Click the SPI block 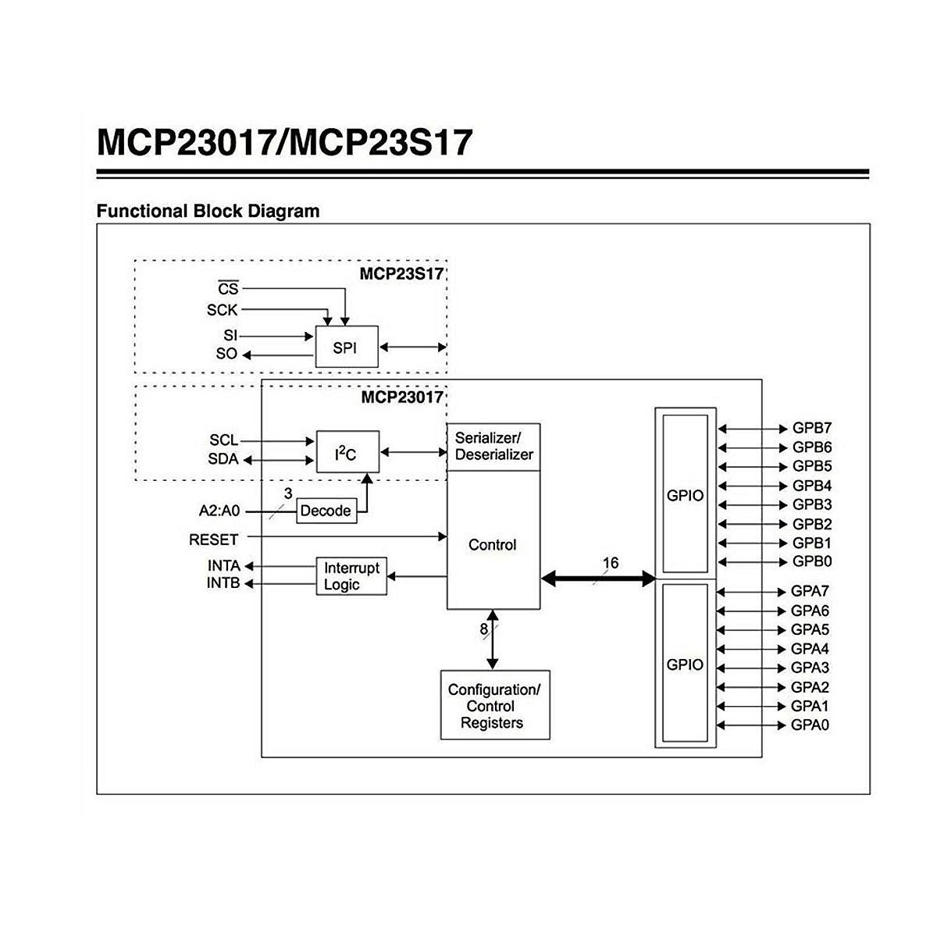click(346, 347)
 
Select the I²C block click(347, 452)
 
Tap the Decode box click(326, 511)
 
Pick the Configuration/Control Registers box click(495, 706)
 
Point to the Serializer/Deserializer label click(493, 447)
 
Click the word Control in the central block click(493, 545)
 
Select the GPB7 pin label click(812, 428)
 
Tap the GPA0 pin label click(811, 725)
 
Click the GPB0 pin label click(812, 561)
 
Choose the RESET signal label click(213, 540)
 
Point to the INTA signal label click(223, 565)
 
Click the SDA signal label click(223, 459)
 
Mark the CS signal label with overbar click(227, 289)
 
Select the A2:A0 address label click(219, 511)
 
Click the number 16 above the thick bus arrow click(610, 563)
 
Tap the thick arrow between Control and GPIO click(598, 579)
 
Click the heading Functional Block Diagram click(208, 211)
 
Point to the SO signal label click(226, 354)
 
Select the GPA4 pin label click(811, 649)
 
